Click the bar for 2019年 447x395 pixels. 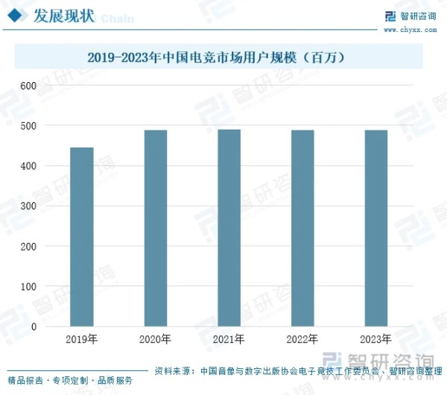82,237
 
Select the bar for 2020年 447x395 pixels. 155,228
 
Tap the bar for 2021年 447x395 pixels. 229,228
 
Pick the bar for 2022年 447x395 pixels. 302,228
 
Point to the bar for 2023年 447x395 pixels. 375,228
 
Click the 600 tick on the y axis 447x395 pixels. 28,86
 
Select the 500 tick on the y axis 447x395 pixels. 28,126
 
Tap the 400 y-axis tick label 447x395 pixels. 28,166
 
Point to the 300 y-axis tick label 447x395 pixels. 28,206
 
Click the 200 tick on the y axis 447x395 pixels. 28,247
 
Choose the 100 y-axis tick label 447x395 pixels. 28,287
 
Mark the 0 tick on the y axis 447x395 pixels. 34,327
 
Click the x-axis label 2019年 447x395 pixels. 82,340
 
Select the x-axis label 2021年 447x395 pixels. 229,340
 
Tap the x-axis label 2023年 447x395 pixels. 375,340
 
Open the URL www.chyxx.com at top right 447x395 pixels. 412,29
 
